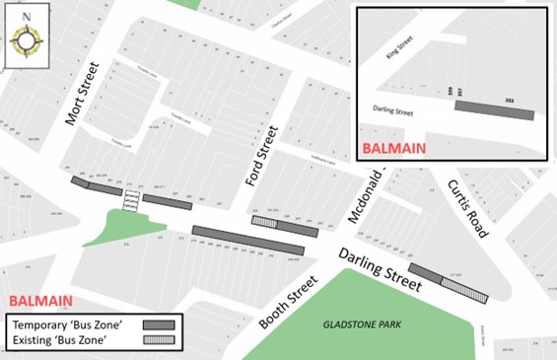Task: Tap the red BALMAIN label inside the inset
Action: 394,148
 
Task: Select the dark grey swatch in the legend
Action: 159,324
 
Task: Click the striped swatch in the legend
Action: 159,340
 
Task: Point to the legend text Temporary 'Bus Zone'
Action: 69,324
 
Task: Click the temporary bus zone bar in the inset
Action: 494,108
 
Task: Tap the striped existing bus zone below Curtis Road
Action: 463,288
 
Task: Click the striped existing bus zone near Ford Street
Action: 264,222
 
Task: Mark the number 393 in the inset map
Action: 510,99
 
